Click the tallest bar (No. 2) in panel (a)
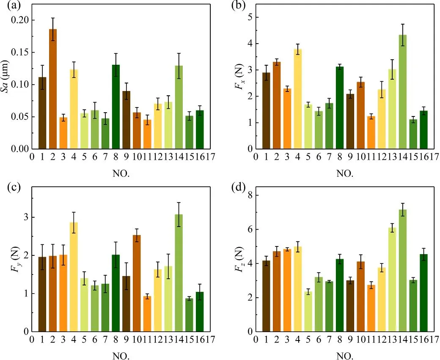coord(53,89)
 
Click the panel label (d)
coord(232,186)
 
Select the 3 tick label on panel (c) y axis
coord(26,217)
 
